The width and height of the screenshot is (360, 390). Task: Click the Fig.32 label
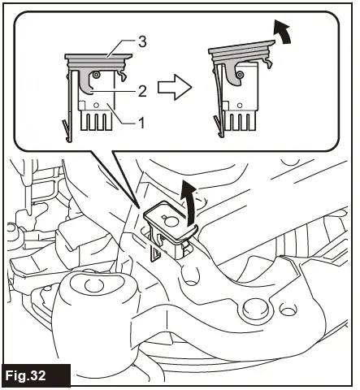[x=37, y=376]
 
